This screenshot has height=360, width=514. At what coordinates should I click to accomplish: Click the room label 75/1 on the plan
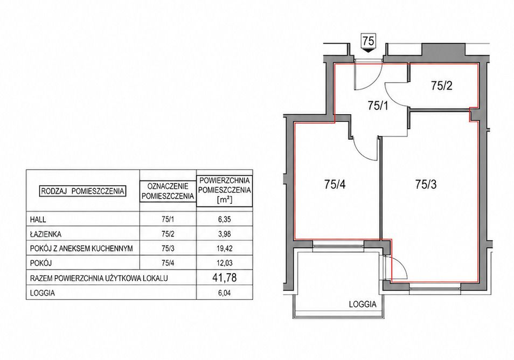coord(378,106)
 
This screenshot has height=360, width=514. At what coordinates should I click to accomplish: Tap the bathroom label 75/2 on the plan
coord(442,86)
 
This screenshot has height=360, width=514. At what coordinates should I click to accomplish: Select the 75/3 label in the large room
coord(426,185)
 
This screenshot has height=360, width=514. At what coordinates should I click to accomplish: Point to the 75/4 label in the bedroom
coord(335,185)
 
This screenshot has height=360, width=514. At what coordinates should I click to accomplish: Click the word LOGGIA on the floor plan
coord(363,304)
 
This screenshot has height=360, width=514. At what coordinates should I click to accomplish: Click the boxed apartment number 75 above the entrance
coord(368,41)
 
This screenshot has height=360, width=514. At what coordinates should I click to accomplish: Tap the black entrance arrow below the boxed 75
coord(368,51)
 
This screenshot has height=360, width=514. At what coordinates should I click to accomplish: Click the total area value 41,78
coord(225,278)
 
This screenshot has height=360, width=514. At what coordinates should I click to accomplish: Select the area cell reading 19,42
coord(225,248)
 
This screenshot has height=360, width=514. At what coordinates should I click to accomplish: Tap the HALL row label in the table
coord(38,219)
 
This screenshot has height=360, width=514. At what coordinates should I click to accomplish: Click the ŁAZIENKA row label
coord(46,234)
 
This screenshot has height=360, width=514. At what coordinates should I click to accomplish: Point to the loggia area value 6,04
coord(225,293)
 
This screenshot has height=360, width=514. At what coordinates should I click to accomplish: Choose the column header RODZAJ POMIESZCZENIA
coord(82,191)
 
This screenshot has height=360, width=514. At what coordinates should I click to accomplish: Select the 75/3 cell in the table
coord(168,248)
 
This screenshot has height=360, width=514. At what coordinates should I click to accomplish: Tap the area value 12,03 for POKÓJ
coord(225,263)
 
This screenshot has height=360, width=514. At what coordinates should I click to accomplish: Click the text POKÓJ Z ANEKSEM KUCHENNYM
coord(81,248)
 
